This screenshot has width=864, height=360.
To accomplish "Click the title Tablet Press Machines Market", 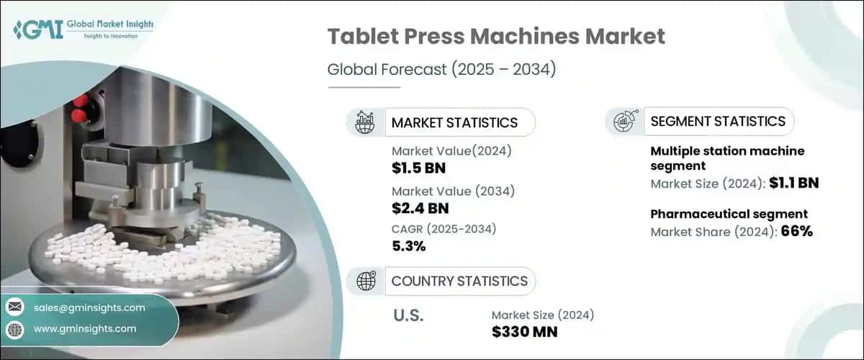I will pos(496,37).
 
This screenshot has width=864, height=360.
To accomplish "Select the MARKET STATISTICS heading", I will pos(454,122).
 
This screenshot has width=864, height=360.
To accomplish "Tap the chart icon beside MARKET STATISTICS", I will pos(365,122).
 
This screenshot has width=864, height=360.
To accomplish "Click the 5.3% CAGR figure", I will pos(409,246).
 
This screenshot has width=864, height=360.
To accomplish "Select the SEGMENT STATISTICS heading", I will pos(717,121).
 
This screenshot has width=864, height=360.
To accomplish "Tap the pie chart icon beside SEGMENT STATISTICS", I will pos(624,121).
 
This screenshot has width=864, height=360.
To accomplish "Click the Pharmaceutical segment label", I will pos(729,214).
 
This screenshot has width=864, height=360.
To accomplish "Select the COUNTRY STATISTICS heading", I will pos(459,281).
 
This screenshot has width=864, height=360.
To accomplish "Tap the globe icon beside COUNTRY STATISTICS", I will pos(366,281).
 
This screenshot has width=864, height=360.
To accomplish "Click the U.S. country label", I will pos(409,315).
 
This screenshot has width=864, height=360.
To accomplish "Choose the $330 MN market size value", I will pos(524,332).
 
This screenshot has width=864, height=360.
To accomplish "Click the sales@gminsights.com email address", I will pos(89,307).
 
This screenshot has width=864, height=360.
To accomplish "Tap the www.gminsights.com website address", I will pos(85,328).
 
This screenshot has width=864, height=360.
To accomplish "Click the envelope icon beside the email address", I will pos(14,307).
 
